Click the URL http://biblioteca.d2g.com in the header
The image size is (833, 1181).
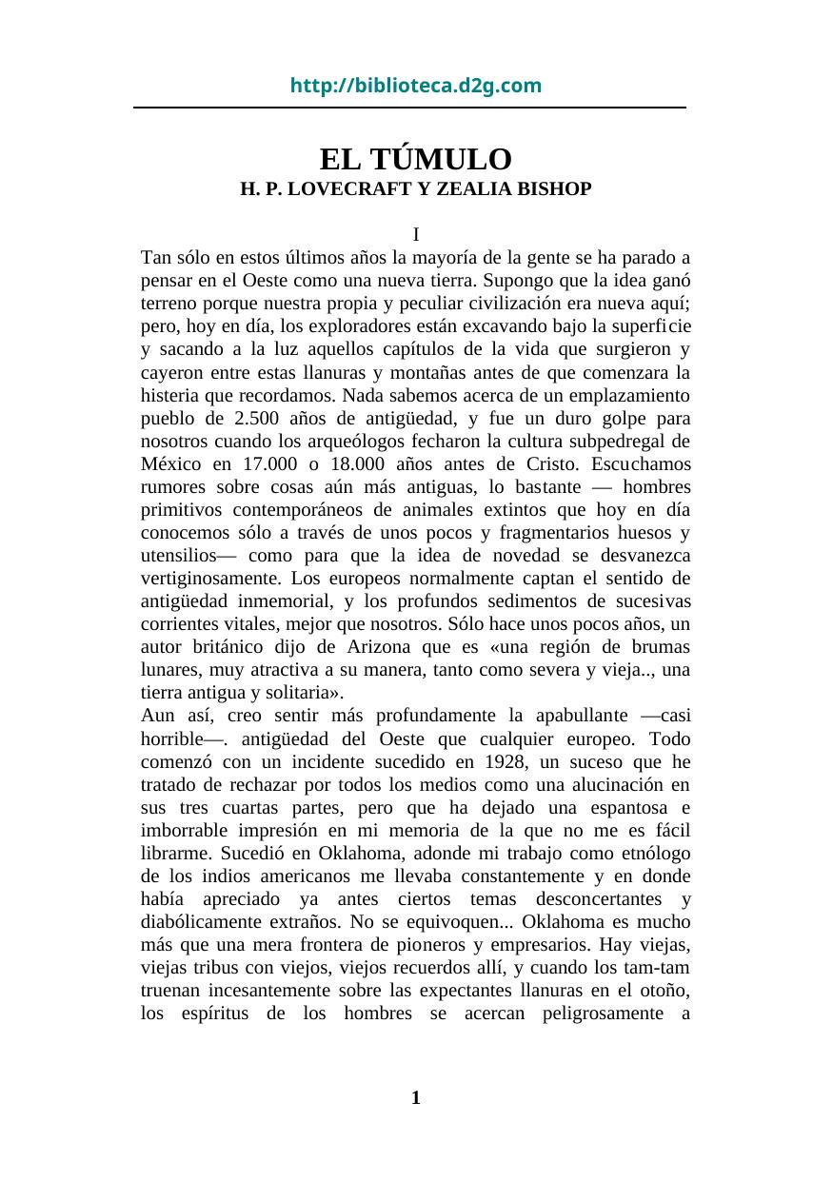click(416, 87)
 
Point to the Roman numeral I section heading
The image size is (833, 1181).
click(416, 234)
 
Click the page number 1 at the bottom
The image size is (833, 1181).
click(415, 1099)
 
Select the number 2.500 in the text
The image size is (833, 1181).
click(261, 418)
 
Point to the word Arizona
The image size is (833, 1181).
click(367, 647)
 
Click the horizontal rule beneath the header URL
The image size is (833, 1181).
click(409, 108)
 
